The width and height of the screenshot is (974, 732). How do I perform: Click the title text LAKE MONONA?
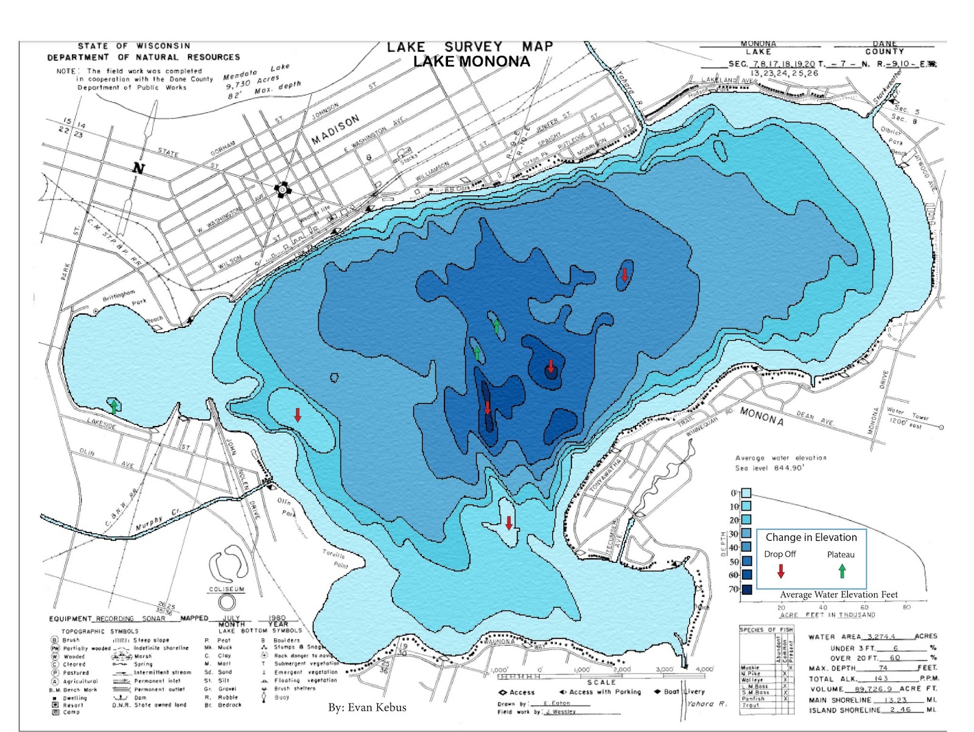tap(471, 61)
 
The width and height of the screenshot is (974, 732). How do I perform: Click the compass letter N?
tap(139, 169)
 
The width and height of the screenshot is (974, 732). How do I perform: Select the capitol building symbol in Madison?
tap(282, 190)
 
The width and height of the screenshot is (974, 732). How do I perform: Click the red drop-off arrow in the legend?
tap(781, 571)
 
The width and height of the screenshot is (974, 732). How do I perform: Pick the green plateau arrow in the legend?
tap(842, 571)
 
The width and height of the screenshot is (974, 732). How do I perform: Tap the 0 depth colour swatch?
tap(746, 493)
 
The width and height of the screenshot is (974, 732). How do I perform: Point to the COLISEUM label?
tap(226, 589)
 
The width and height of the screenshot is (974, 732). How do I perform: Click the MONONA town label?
tap(762, 415)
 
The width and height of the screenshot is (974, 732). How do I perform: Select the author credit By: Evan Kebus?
tap(367, 707)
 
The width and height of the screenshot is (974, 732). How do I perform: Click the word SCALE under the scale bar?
tap(601, 682)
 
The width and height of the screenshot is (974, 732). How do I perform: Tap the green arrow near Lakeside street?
tap(114, 406)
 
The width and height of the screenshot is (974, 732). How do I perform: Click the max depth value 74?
tap(883, 668)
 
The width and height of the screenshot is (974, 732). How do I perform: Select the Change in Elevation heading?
tap(811, 537)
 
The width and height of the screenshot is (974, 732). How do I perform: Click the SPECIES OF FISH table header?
tap(766, 629)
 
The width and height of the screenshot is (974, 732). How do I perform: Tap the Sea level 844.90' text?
tap(769, 468)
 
